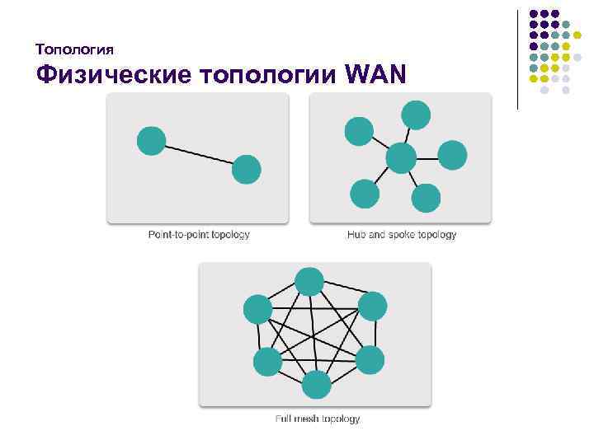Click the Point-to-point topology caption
coord(199,235)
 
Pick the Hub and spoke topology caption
coord(402,235)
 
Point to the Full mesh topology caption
coord(318,419)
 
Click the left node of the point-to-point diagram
coord(151,141)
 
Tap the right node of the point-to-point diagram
coord(246,170)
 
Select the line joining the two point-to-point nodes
coord(198,155)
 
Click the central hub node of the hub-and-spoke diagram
coord(401,157)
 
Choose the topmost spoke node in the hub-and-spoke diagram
coord(415,115)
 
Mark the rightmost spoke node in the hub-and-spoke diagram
coord(452,155)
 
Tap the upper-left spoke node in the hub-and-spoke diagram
coord(359,131)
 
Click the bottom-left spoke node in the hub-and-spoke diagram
coord(365,193)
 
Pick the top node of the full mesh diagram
coord(309,282)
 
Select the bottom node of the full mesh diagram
coord(316,385)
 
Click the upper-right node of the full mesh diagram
coord(372,307)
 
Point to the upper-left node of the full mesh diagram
coord(257,309)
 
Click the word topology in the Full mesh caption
coord(339,419)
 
